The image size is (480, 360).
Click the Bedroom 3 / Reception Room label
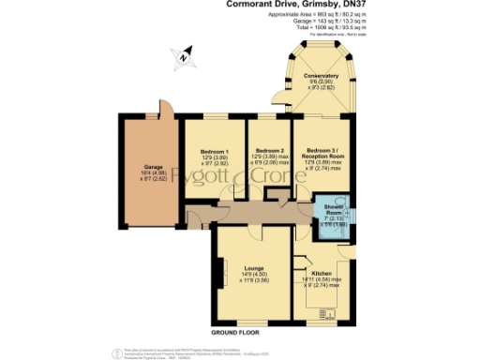click(324, 152)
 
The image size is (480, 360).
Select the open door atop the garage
click(164, 108)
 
